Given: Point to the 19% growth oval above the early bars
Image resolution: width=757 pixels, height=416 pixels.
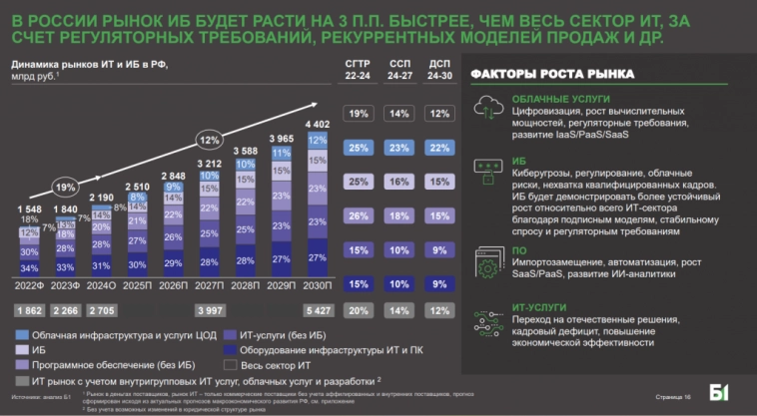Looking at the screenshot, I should point(63,186).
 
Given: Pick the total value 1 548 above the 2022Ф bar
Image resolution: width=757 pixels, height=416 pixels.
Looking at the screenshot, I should point(29,208).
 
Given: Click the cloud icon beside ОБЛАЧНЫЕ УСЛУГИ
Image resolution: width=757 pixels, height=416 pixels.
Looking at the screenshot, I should point(489,108).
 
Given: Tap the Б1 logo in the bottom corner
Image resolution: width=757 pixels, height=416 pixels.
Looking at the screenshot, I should point(719,392).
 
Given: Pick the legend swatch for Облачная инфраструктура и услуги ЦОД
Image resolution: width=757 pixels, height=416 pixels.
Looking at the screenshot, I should point(20,334).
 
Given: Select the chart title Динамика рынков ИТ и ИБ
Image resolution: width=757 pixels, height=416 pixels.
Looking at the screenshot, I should point(88,65).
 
